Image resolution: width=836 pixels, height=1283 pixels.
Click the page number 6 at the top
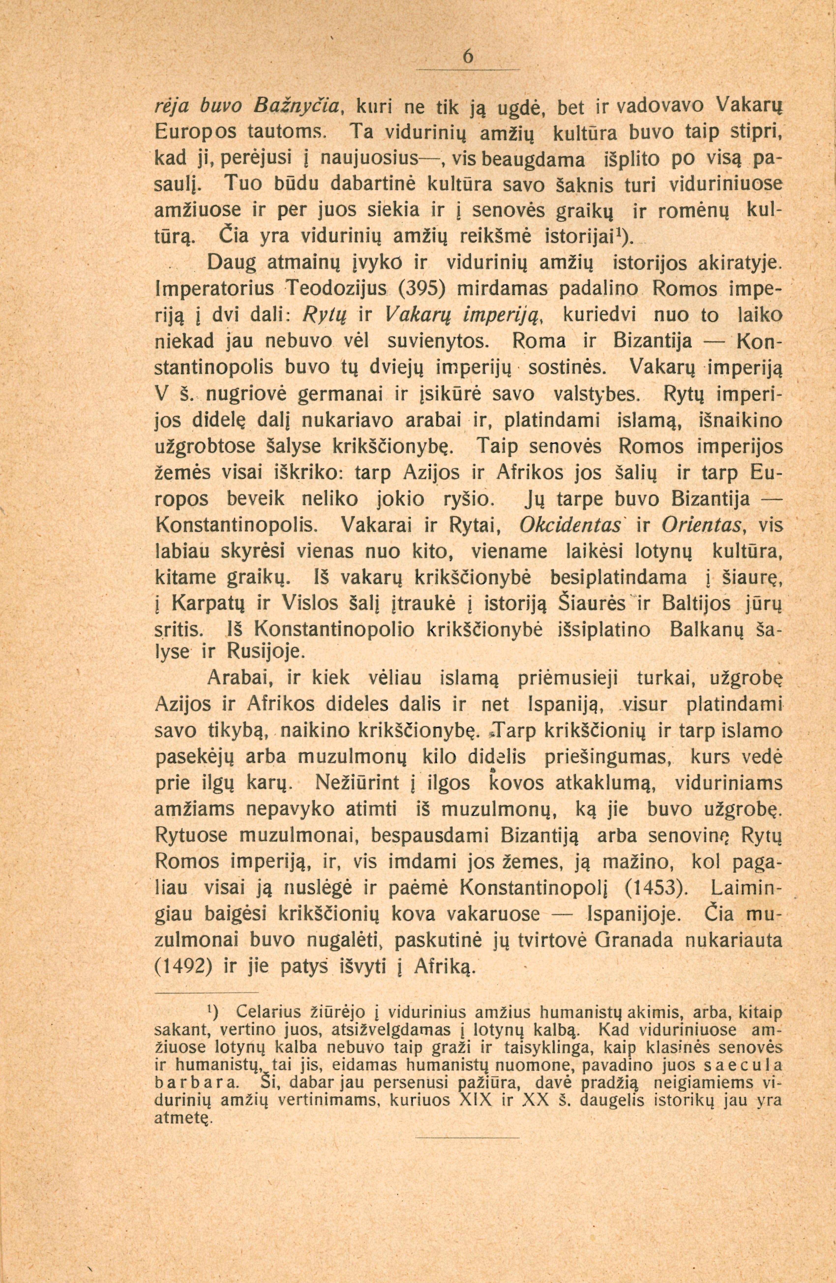click(468, 57)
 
